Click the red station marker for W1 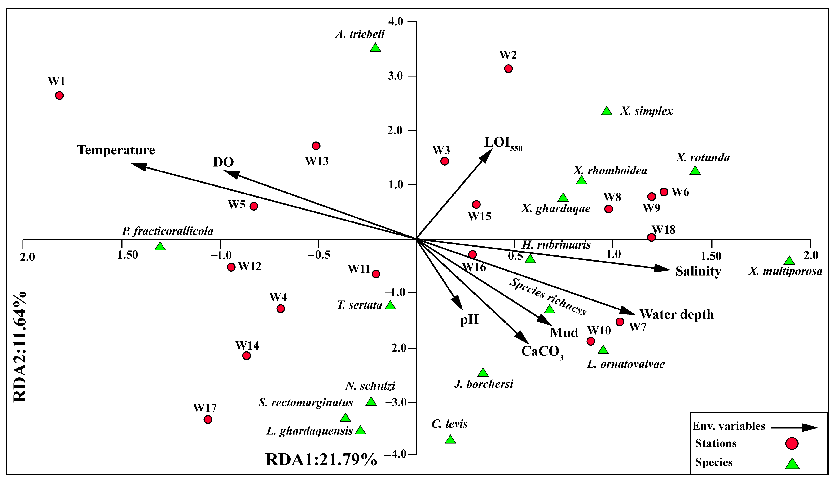click(59, 96)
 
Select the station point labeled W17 click(208, 419)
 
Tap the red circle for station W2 click(508, 69)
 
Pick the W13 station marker click(316, 146)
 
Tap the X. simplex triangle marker click(607, 111)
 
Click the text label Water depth click(677, 315)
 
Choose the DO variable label click(223, 162)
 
